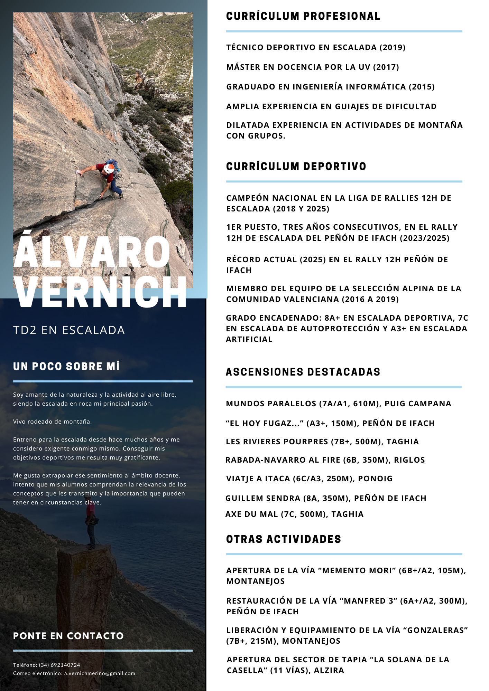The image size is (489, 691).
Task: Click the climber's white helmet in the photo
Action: pos(109,169)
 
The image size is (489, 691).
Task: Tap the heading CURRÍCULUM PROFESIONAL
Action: pos(303,16)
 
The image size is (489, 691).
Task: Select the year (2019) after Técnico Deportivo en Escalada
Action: pos(393,47)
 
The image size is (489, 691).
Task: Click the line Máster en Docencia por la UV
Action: pos(313,67)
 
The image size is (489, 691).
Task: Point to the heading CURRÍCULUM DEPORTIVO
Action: pos(296,167)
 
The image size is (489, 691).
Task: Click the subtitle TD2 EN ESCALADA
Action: pos(69,330)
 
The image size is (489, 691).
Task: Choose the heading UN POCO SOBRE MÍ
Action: pos(66,367)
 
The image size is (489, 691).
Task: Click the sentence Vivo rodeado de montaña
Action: pos(53,422)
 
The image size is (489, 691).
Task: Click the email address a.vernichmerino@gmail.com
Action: pos(100,673)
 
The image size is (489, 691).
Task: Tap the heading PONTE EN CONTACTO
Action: pos(68,636)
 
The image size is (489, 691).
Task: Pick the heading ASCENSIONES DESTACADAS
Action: pos(303,372)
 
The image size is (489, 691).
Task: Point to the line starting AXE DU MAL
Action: pos(294,514)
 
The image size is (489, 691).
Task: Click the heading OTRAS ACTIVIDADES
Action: pos(284,539)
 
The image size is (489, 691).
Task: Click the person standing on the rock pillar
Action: pos(91,522)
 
